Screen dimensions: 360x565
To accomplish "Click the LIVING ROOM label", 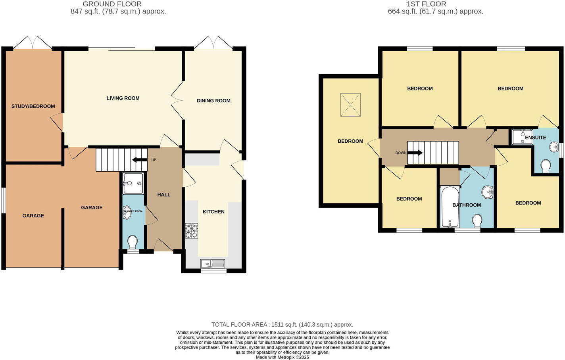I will coord(123,98).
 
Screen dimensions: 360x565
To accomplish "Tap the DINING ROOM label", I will coord(213,101).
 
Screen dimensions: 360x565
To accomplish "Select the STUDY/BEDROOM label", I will coord(33,106).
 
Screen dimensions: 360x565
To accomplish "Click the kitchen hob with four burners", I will coord(192,231).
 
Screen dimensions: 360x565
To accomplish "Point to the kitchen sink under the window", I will coord(213,263).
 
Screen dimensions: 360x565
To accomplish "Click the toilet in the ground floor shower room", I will coord(133,241).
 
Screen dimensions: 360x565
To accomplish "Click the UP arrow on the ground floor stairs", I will coord(140,160).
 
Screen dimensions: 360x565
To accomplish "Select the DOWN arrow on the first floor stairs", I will coord(415,153).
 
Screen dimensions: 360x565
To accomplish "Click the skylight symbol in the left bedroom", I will coord(350,105).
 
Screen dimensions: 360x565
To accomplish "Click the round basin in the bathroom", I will coord(487,193).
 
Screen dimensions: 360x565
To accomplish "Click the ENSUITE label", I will coord(535,138).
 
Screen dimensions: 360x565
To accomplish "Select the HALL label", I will coord(164,195).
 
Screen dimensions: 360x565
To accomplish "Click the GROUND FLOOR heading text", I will coord(112,4).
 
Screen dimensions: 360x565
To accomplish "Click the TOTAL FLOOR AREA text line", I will coord(282,325).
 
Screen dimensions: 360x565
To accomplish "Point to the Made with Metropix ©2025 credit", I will coord(282,357).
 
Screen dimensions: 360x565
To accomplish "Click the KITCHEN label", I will coord(213,212).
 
